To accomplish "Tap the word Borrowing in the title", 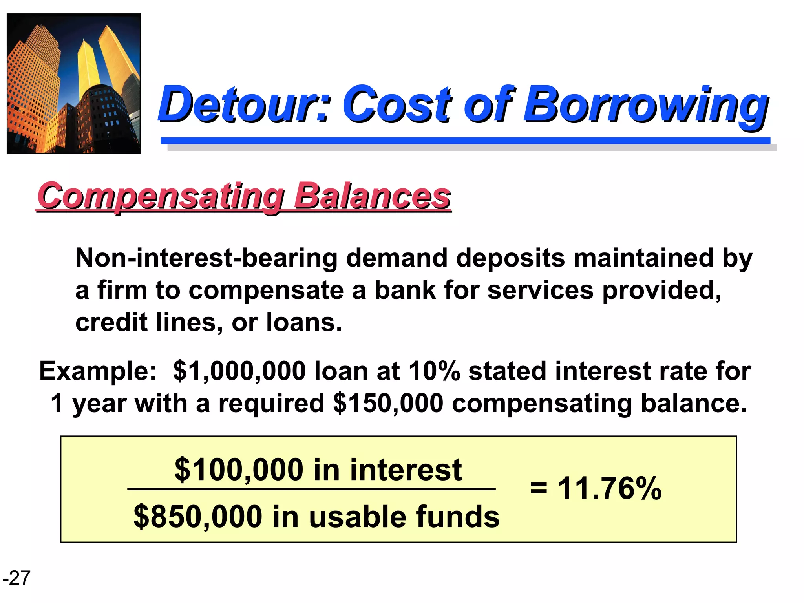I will coord(646,104).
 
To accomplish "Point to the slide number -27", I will coord(16,578).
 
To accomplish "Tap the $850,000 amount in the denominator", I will coord(198,517).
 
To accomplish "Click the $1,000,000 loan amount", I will coord(239,371).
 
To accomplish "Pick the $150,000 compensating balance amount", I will coord(388,404).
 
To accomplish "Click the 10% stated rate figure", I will coord(434,371).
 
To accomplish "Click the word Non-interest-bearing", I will coord(206,258).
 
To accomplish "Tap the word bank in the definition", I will coord(405,291).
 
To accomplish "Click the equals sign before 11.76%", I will coord(538,489).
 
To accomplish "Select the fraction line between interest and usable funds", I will coord(311,489).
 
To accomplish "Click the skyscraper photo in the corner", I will coord(74,84).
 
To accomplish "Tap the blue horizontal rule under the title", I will coord(465,141).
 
